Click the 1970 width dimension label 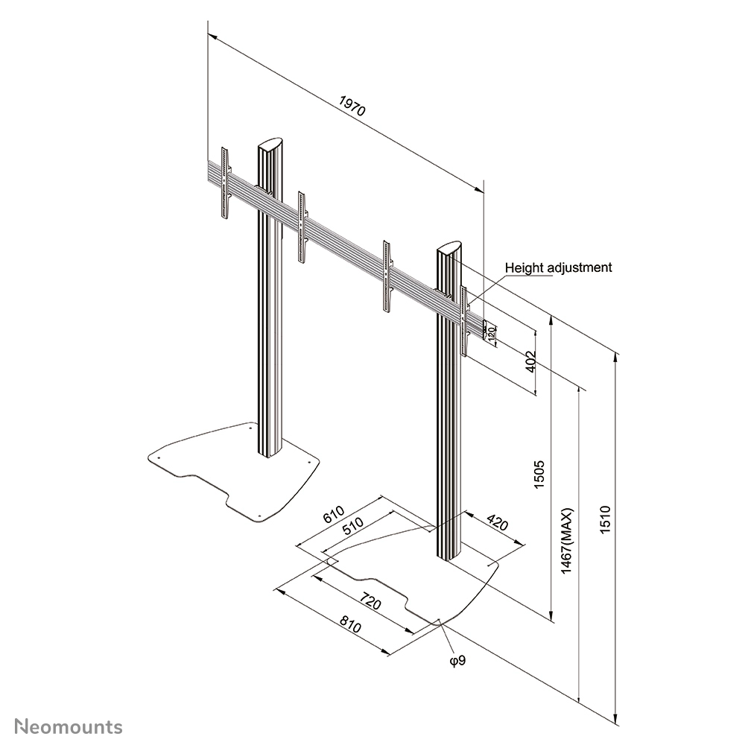pyautogui.click(x=352, y=106)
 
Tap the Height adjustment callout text pyautogui.click(x=558, y=267)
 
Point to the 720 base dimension pyautogui.click(x=370, y=600)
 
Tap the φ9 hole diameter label pyautogui.click(x=457, y=659)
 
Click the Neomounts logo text pyautogui.click(x=69, y=726)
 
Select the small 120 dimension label pyautogui.click(x=492, y=332)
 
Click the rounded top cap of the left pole pyautogui.click(x=270, y=144)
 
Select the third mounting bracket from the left pyautogui.click(x=386, y=276)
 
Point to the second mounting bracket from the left pyautogui.click(x=302, y=226)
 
